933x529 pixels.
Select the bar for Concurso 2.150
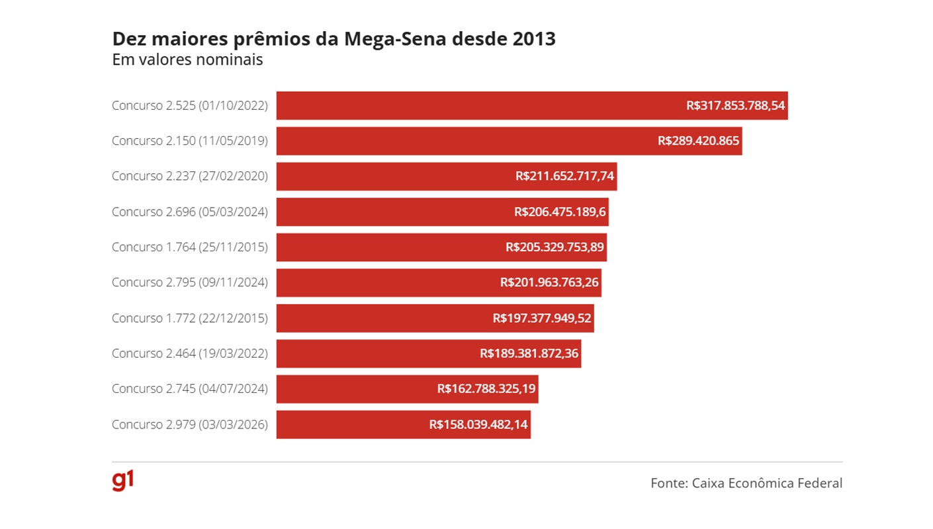pyautogui.click(x=463, y=141)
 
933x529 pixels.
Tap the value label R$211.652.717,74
pyautogui.click(x=564, y=177)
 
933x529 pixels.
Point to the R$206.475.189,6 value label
pyautogui.click(x=560, y=212)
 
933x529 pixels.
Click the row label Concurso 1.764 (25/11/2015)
pyautogui.click(x=189, y=247)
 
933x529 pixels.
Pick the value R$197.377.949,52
pyautogui.click(x=542, y=318)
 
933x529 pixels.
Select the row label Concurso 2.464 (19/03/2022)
pyautogui.click(x=189, y=354)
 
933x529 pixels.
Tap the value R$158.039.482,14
pyautogui.click(x=478, y=425)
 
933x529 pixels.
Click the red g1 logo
pyautogui.click(x=122, y=481)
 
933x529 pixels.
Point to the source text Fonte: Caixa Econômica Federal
pyautogui.click(x=746, y=483)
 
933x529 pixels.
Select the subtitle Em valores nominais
pyautogui.click(x=187, y=60)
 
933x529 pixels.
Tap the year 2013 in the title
pyautogui.click(x=534, y=39)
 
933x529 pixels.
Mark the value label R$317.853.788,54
pyautogui.click(x=735, y=106)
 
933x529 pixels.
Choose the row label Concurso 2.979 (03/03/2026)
pyautogui.click(x=189, y=425)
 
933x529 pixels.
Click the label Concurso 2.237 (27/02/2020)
pyautogui.click(x=189, y=177)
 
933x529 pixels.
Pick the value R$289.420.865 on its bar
pyautogui.click(x=698, y=141)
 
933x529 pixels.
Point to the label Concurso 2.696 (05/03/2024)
pyautogui.click(x=189, y=212)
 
